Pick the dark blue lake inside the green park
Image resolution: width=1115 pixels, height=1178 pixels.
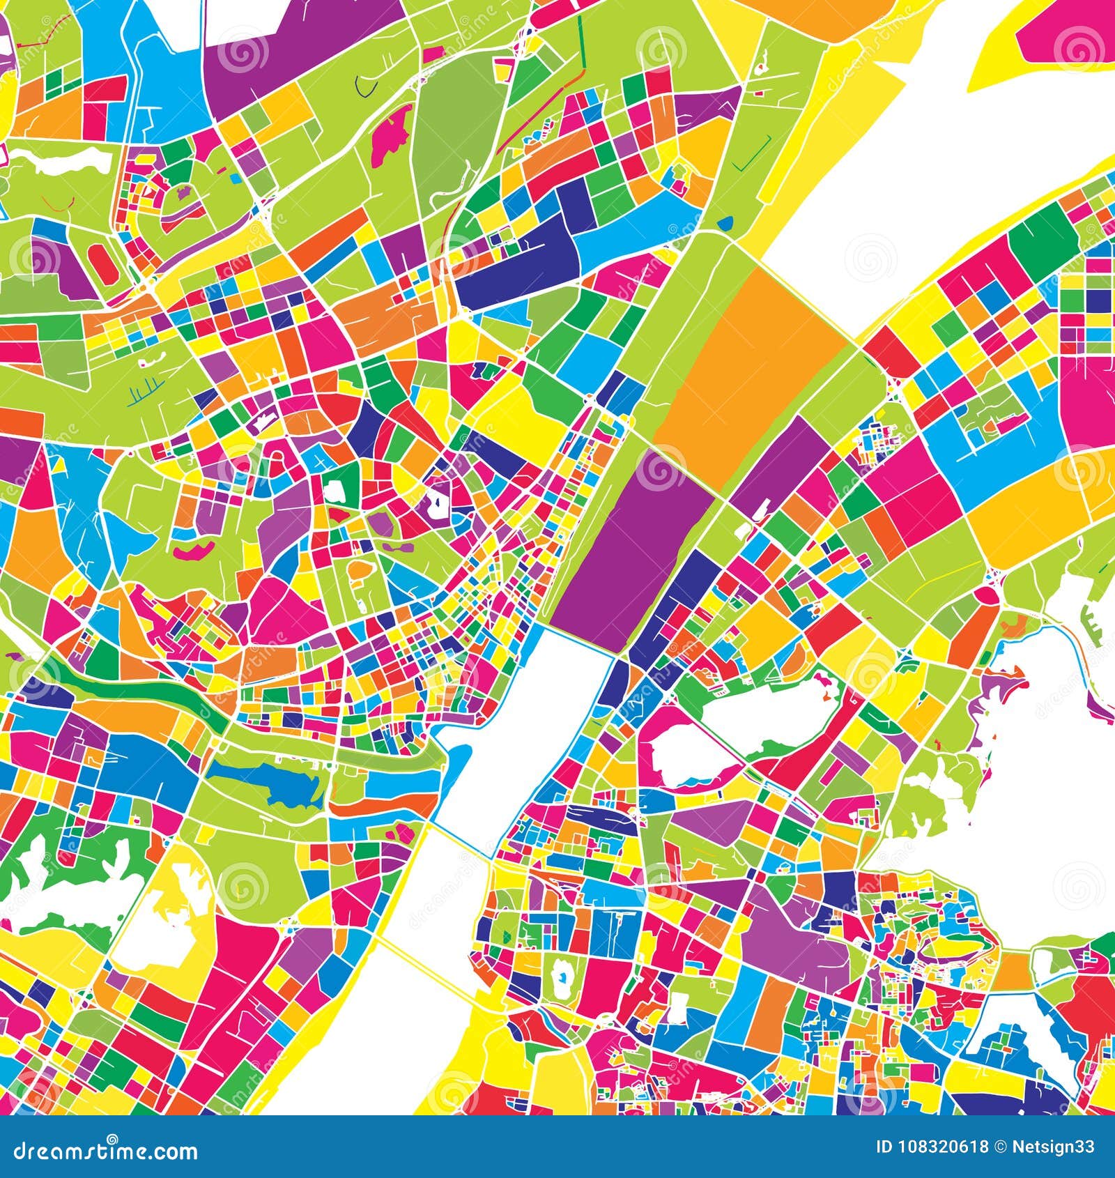coord(268,781)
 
